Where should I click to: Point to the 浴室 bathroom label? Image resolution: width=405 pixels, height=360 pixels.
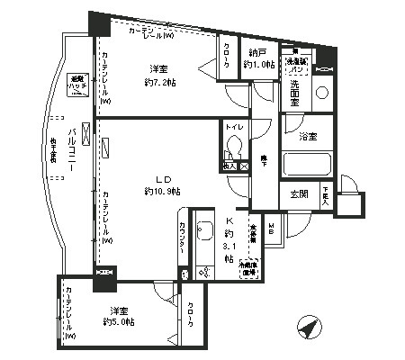click(308, 136)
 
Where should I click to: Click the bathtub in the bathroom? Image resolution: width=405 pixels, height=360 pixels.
click(308, 165)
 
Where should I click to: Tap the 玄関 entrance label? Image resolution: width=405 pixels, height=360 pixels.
click(297, 194)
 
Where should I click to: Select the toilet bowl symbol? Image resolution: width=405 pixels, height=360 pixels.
click(231, 148)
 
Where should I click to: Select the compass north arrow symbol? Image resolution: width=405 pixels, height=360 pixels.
click(310, 328)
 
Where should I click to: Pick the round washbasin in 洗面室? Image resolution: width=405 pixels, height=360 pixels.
click(321, 92)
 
